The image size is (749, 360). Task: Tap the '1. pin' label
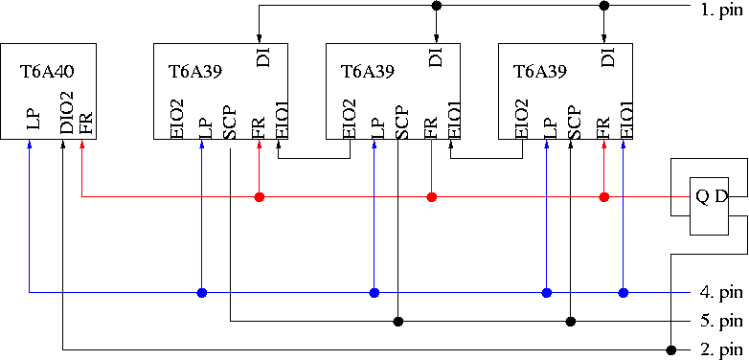721,11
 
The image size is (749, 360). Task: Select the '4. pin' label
721,293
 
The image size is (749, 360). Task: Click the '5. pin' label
721,322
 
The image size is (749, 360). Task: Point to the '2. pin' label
721,350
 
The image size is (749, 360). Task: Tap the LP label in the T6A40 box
34,123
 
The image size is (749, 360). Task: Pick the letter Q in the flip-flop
702,197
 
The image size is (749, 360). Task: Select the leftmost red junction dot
259,196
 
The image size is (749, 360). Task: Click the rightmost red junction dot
603,196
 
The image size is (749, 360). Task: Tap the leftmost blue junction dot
201,292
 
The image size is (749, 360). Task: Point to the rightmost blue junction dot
623,292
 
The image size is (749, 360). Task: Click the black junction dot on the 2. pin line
671,349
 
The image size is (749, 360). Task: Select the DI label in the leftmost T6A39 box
263,57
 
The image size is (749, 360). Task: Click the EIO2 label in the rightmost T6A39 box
522,119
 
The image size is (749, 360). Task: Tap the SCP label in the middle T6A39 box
402,123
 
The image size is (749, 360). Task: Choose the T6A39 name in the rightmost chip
540,72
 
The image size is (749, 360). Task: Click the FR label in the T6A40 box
86,124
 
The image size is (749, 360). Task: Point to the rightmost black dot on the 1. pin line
603,6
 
